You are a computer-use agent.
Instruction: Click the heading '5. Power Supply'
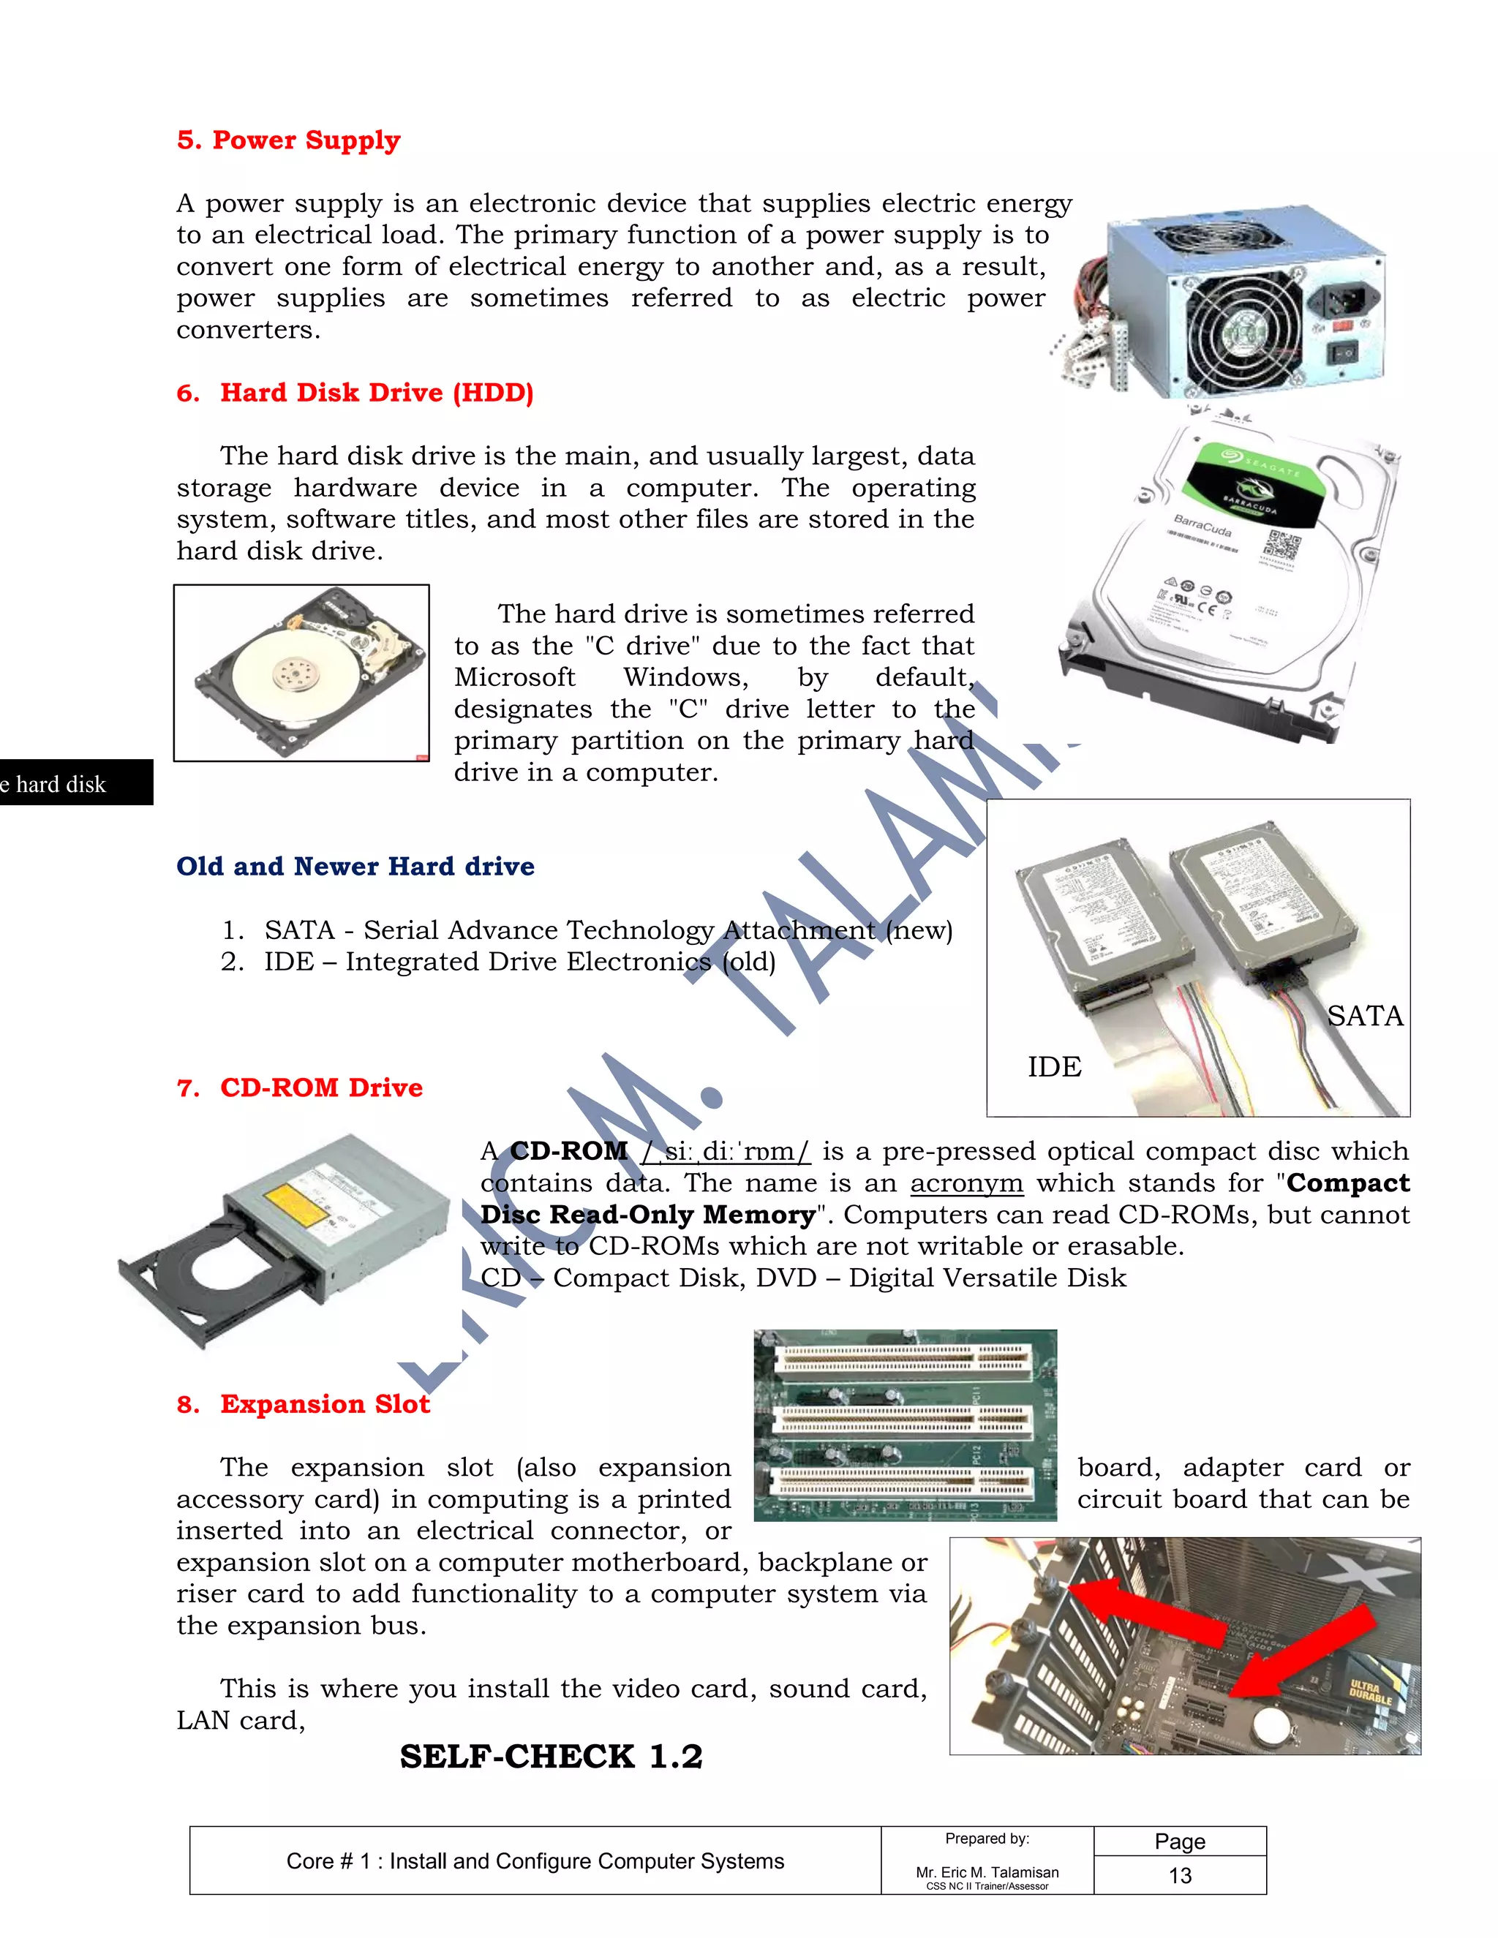288,140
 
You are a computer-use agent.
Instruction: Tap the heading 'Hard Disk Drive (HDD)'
376,393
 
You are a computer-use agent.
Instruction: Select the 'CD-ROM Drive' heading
321,1088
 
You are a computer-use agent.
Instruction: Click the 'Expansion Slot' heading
325,1404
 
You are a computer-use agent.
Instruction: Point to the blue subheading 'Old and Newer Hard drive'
355,866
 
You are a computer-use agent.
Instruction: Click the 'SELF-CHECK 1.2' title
550,1757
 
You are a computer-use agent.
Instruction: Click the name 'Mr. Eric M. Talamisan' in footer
987,1871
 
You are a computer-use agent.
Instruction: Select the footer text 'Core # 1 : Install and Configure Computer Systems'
535,1860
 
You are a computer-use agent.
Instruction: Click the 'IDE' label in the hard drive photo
1054,1066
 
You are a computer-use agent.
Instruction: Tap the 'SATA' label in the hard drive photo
1364,1016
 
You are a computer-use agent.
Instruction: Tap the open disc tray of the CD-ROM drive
213,1269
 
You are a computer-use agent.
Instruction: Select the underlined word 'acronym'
966,1184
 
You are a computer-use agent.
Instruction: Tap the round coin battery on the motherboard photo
1270,1725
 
